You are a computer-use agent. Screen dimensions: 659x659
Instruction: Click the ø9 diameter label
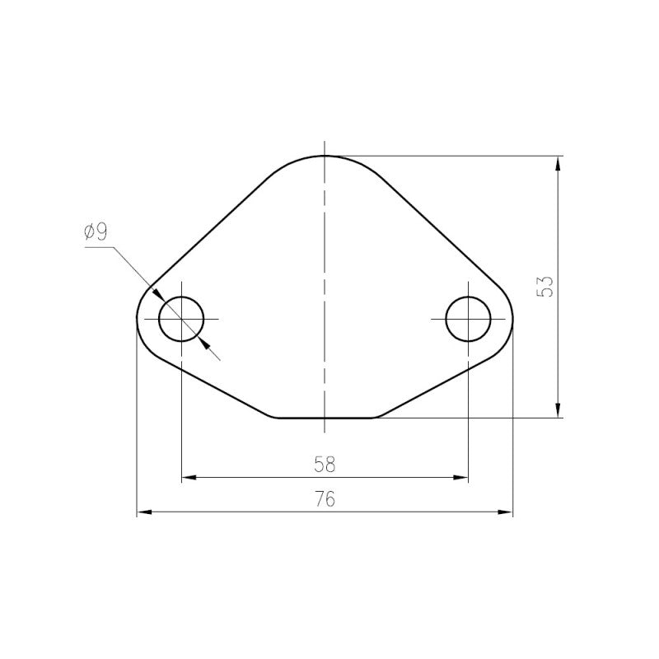pos(96,231)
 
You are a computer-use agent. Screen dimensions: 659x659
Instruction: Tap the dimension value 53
pos(545,287)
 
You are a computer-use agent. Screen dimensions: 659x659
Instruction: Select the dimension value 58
pos(325,465)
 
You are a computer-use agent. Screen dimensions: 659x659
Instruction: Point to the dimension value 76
pos(325,499)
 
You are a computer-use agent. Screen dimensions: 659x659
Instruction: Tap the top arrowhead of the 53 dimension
pos(558,163)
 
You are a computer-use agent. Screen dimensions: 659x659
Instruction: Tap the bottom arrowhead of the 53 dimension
pos(558,410)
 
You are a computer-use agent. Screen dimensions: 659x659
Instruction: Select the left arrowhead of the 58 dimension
pos(189,478)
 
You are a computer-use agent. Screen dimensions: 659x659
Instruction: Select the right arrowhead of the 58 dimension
pos(460,478)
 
